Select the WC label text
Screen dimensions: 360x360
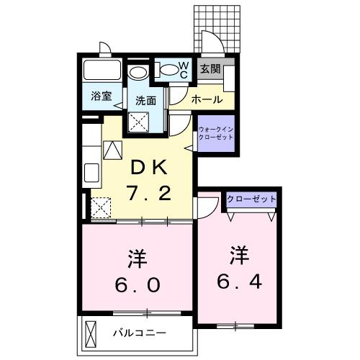coord(184,70)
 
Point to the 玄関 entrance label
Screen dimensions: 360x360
coord(210,69)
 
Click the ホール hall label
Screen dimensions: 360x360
coord(207,99)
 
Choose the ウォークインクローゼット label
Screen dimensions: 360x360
coord(215,133)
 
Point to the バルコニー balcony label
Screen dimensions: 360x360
coord(140,333)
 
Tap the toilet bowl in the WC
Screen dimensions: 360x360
coord(168,70)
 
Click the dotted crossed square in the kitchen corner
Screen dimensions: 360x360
coord(101,208)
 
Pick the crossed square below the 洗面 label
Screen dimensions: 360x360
coord(138,122)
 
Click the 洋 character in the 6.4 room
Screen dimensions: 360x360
coord(239,254)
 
